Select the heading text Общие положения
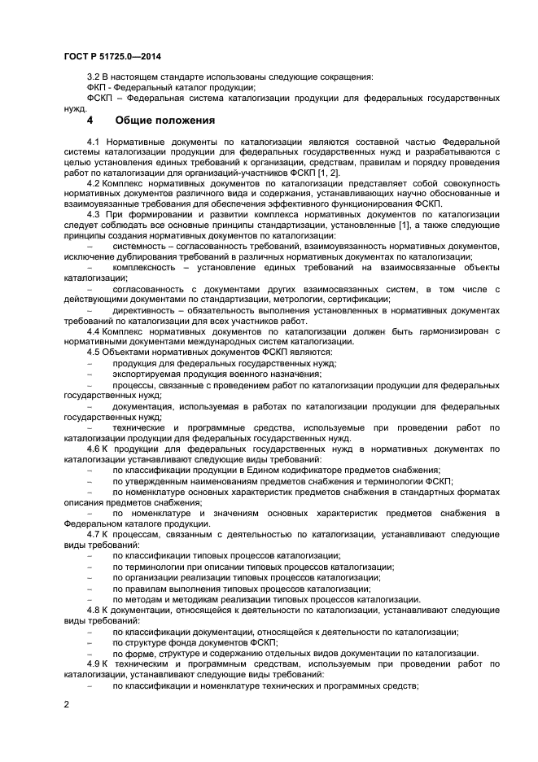pyautogui.click(x=164, y=120)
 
